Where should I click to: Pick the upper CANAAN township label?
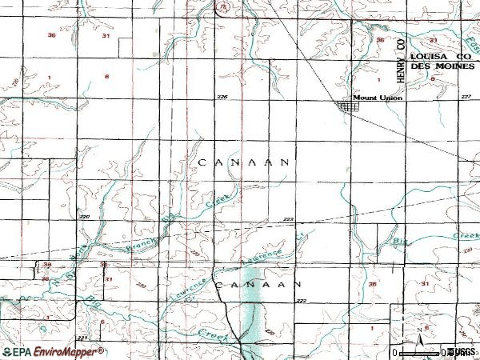pyautogui.click(x=242, y=162)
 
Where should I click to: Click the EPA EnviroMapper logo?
pyautogui.click(x=53, y=351)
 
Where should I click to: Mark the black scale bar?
pyautogui.click(x=419, y=351)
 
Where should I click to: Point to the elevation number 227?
pyautogui.click(x=466, y=97)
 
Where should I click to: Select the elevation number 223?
pyautogui.click(x=289, y=219)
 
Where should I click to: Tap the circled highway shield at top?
pyautogui.click(x=222, y=6)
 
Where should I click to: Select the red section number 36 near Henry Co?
pyautogui.click(x=381, y=39)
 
